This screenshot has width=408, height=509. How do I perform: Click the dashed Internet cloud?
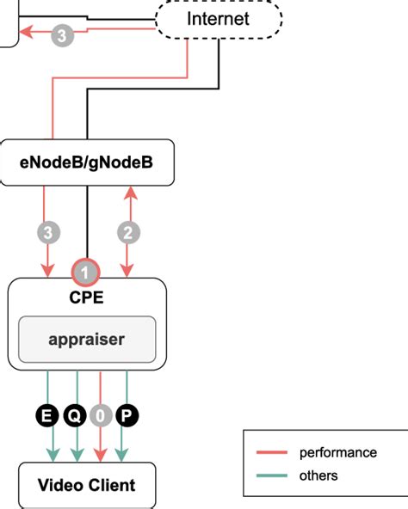click(x=219, y=18)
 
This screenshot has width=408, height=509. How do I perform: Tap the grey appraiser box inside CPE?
click(x=87, y=339)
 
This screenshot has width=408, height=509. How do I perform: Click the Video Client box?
click(x=87, y=485)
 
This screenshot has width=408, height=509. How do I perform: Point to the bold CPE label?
click(x=86, y=298)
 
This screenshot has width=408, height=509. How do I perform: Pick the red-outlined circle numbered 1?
click(x=87, y=272)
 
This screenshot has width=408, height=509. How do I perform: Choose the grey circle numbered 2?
click(x=129, y=231)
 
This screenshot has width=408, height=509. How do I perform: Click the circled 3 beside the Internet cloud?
click(x=62, y=35)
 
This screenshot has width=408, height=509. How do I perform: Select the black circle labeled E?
click(x=46, y=417)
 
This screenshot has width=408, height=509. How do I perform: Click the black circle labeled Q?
click(x=75, y=417)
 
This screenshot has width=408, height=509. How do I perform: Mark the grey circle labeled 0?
click(x=102, y=417)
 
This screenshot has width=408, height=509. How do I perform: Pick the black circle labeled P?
click(x=127, y=417)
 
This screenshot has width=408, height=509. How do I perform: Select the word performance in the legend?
click(x=337, y=453)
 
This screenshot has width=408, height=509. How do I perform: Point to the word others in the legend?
click(x=318, y=475)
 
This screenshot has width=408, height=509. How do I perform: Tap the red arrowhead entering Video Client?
click(x=102, y=455)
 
